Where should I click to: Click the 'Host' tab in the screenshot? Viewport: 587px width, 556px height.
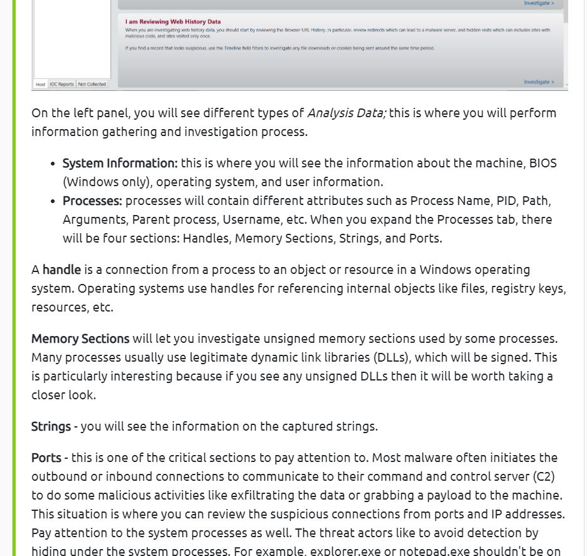(40, 84)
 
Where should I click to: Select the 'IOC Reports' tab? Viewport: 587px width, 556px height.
(62, 84)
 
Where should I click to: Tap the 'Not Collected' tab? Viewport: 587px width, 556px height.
(92, 84)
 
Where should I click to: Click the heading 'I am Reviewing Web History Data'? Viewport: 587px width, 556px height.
(173, 22)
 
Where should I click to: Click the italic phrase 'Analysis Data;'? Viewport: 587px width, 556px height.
(346, 113)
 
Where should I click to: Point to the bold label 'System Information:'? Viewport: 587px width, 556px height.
(120, 163)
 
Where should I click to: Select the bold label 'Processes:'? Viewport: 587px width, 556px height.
(92, 201)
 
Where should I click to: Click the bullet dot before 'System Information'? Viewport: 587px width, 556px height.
(53, 164)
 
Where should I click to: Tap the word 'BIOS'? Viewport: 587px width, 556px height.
(542, 163)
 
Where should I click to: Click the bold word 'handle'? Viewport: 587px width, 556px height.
(62, 270)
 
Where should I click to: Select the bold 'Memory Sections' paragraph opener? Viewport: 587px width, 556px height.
(80, 338)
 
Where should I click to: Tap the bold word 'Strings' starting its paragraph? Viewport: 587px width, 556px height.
(51, 426)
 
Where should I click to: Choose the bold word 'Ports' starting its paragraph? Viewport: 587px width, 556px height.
(46, 458)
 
